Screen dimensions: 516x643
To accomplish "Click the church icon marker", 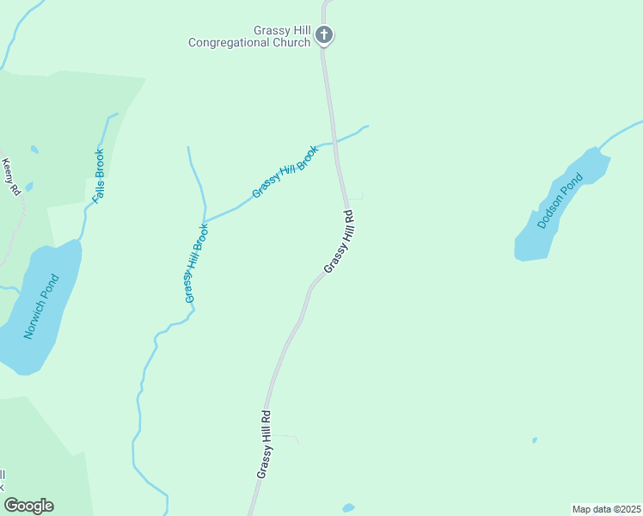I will pos(324,35).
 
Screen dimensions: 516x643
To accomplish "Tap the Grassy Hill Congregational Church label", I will pos(249,36).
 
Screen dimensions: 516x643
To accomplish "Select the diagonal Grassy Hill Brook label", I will pos(285,171).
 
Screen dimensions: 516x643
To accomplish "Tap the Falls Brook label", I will pos(99,176).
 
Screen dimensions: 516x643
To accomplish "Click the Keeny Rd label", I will pos(10,176).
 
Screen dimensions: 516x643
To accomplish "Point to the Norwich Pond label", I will pos(41,306).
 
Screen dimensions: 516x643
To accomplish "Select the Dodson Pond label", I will pos(560,201).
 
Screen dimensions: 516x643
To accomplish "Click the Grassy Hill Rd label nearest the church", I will pos(339,243).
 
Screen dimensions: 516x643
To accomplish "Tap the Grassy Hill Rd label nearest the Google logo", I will pos(264,444).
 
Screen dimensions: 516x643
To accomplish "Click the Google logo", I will pos(29,506).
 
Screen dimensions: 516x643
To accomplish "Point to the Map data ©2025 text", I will pos(606,508).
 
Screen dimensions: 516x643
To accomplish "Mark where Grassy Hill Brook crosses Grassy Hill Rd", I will pos(335,140).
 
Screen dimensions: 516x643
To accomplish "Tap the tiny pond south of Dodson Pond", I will pos(535,440).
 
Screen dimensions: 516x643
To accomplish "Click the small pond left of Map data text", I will pos(348,507).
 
